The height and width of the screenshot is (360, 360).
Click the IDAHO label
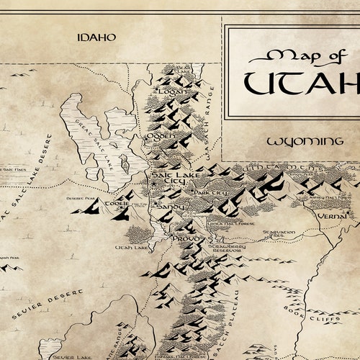coord(97,37)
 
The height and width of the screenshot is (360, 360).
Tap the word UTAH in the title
coord(302,83)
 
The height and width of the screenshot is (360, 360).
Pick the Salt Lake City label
coord(168,179)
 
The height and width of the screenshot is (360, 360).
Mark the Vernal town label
coord(333,215)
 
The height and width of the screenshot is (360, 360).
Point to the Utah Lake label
coord(132,247)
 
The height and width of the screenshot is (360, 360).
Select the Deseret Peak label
coord(80,198)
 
